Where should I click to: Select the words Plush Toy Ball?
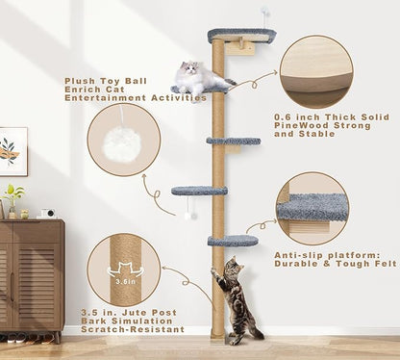[x=102, y=83]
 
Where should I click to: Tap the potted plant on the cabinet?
[x=13, y=197]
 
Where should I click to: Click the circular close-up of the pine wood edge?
[x=312, y=76]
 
